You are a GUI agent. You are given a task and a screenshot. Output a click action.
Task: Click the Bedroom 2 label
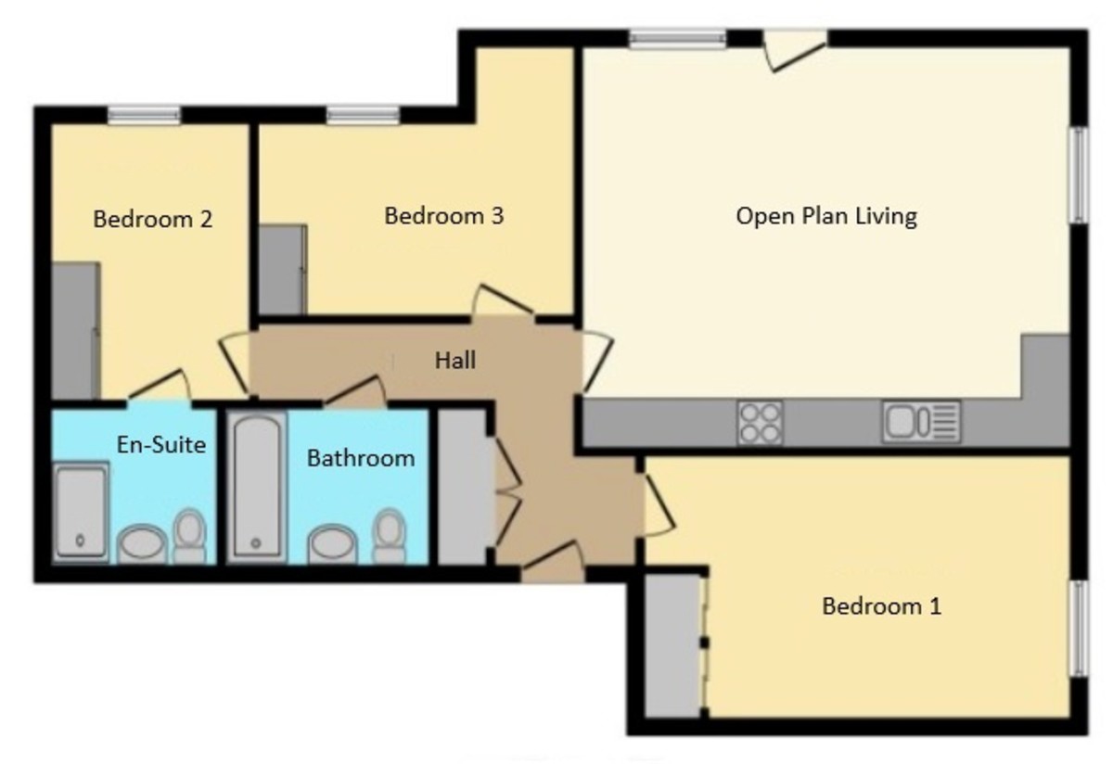[x=153, y=220]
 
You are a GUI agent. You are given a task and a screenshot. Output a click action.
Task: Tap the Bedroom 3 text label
[x=444, y=216]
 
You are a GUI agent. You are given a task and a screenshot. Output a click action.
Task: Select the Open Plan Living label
[x=826, y=216]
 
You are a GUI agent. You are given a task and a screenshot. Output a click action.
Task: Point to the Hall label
[x=455, y=359]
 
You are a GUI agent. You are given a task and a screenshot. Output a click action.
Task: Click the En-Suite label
[x=161, y=444]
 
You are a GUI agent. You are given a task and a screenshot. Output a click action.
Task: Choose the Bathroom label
[x=361, y=458]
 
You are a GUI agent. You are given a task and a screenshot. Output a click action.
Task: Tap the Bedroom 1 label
[x=882, y=607]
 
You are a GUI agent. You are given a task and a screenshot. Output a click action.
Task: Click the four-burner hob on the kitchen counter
[x=760, y=423]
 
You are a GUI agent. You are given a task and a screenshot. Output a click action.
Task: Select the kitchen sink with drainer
[x=921, y=422]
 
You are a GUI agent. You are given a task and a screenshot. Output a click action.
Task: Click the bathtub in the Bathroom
[x=257, y=486]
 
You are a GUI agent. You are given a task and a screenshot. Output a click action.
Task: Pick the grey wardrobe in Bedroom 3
[x=281, y=270]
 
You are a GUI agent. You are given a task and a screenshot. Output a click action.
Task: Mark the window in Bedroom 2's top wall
[x=144, y=116]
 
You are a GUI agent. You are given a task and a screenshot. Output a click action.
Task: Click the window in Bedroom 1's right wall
[x=1079, y=629]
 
